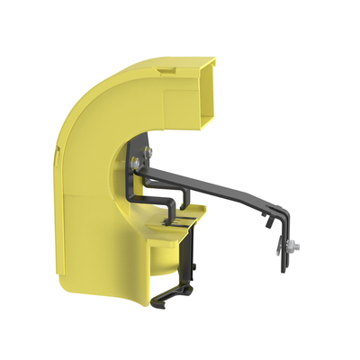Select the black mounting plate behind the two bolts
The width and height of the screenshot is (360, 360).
[x=139, y=175]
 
